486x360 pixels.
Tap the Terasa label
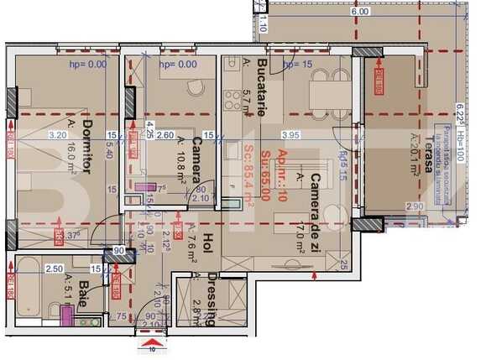click(x=429, y=154)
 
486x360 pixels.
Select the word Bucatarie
click(x=263, y=81)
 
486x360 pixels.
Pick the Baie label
click(x=84, y=297)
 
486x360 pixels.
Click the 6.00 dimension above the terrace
click(x=360, y=13)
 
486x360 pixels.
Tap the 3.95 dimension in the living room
click(x=291, y=134)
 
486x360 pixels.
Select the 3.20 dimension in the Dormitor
click(x=58, y=134)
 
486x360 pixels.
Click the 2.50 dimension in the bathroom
click(x=54, y=269)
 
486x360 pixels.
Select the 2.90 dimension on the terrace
click(x=414, y=206)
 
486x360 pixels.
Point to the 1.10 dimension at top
click(x=263, y=26)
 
